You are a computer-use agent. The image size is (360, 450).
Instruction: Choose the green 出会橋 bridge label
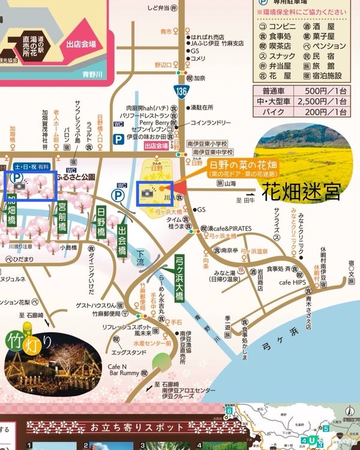tap(122, 237)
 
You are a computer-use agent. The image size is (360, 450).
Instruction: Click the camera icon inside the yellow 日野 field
tap(146, 191)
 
